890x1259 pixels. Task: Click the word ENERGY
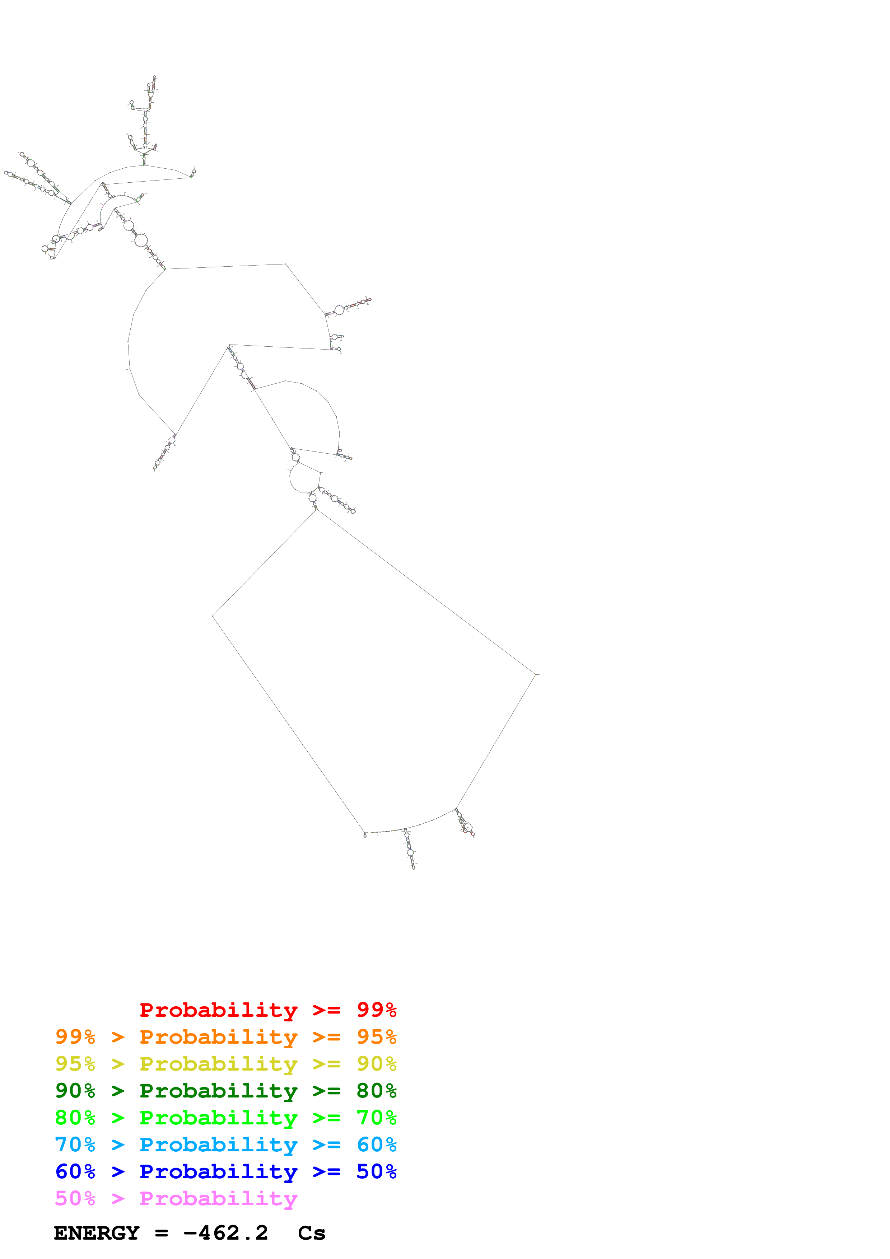coord(97,1233)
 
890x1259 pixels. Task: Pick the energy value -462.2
coord(225,1233)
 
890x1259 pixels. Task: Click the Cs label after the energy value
coord(312,1233)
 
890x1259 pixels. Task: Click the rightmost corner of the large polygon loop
coord(535,674)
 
